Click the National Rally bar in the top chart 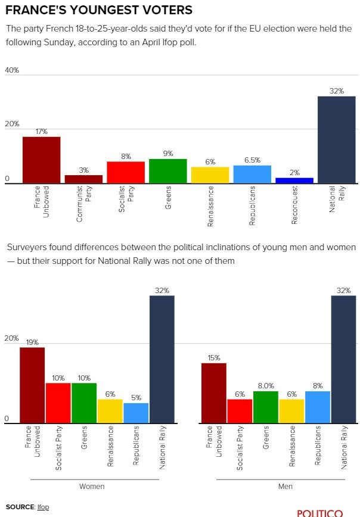[x=336, y=140]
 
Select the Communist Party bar [x=83, y=179]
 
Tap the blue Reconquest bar [x=294, y=180]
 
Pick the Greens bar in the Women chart [x=84, y=402]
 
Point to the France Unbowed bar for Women [x=32, y=384]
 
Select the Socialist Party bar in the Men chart [x=240, y=410]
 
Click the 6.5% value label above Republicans [x=252, y=161]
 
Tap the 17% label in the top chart [x=41, y=132]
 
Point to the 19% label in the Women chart [x=32, y=342]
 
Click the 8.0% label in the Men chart [x=265, y=386]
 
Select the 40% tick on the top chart [x=12, y=70]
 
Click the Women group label [x=92, y=487]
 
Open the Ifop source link [x=43, y=507]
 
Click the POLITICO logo [x=320, y=513]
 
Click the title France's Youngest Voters [x=99, y=10]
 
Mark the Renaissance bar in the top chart [x=210, y=175]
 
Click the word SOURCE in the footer [x=20, y=507]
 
